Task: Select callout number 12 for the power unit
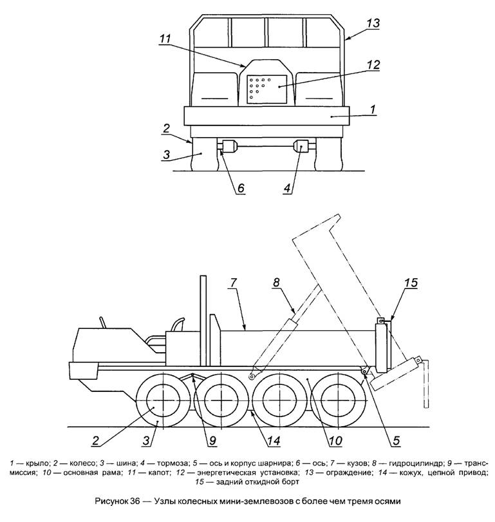coord(373,65)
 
